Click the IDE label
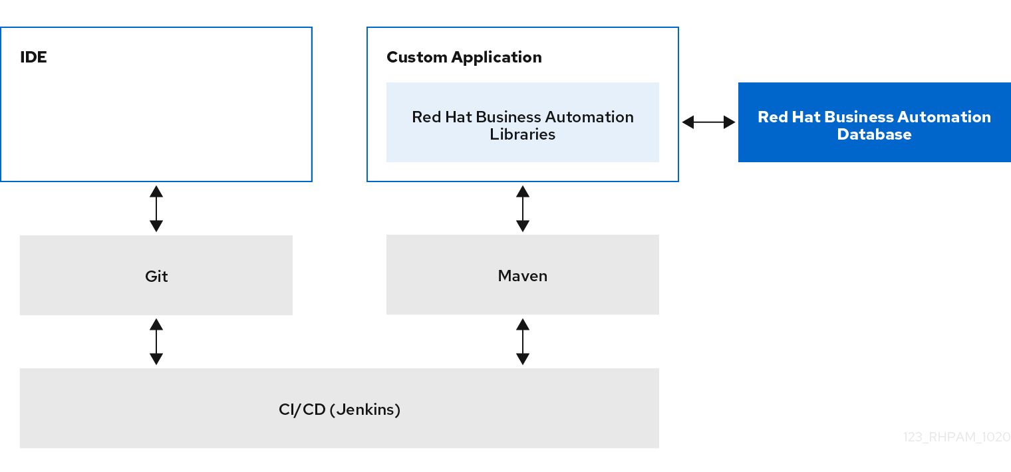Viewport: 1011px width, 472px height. [x=33, y=57]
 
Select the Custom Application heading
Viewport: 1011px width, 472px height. [x=464, y=57]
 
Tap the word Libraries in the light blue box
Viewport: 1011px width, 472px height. [x=522, y=134]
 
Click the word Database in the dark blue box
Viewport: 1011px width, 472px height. [x=874, y=134]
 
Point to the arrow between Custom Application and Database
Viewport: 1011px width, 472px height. [x=708, y=122]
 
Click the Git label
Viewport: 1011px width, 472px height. [x=156, y=276]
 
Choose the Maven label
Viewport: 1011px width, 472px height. [x=523, y=276]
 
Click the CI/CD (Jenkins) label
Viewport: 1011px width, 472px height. [x=339, y=410]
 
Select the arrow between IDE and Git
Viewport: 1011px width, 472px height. [x=156, y=209]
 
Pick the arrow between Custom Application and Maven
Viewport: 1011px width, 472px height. [x=523, y=209]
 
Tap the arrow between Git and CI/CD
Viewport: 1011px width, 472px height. [x=156, y=342]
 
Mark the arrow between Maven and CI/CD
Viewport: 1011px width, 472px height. [x=523, y=342]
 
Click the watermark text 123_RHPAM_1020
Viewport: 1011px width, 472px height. [x=957, y=437]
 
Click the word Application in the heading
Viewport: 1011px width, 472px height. [x=496, y=58]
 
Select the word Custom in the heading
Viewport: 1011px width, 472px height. [x=417, y=57]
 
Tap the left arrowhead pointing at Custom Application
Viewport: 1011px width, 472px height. [x=688, y=122]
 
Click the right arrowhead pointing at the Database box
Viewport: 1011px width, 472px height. [x=730, y=122]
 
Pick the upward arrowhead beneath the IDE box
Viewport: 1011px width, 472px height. [x=156, y=191]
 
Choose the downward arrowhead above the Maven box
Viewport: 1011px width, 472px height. [x=523, y=226]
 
